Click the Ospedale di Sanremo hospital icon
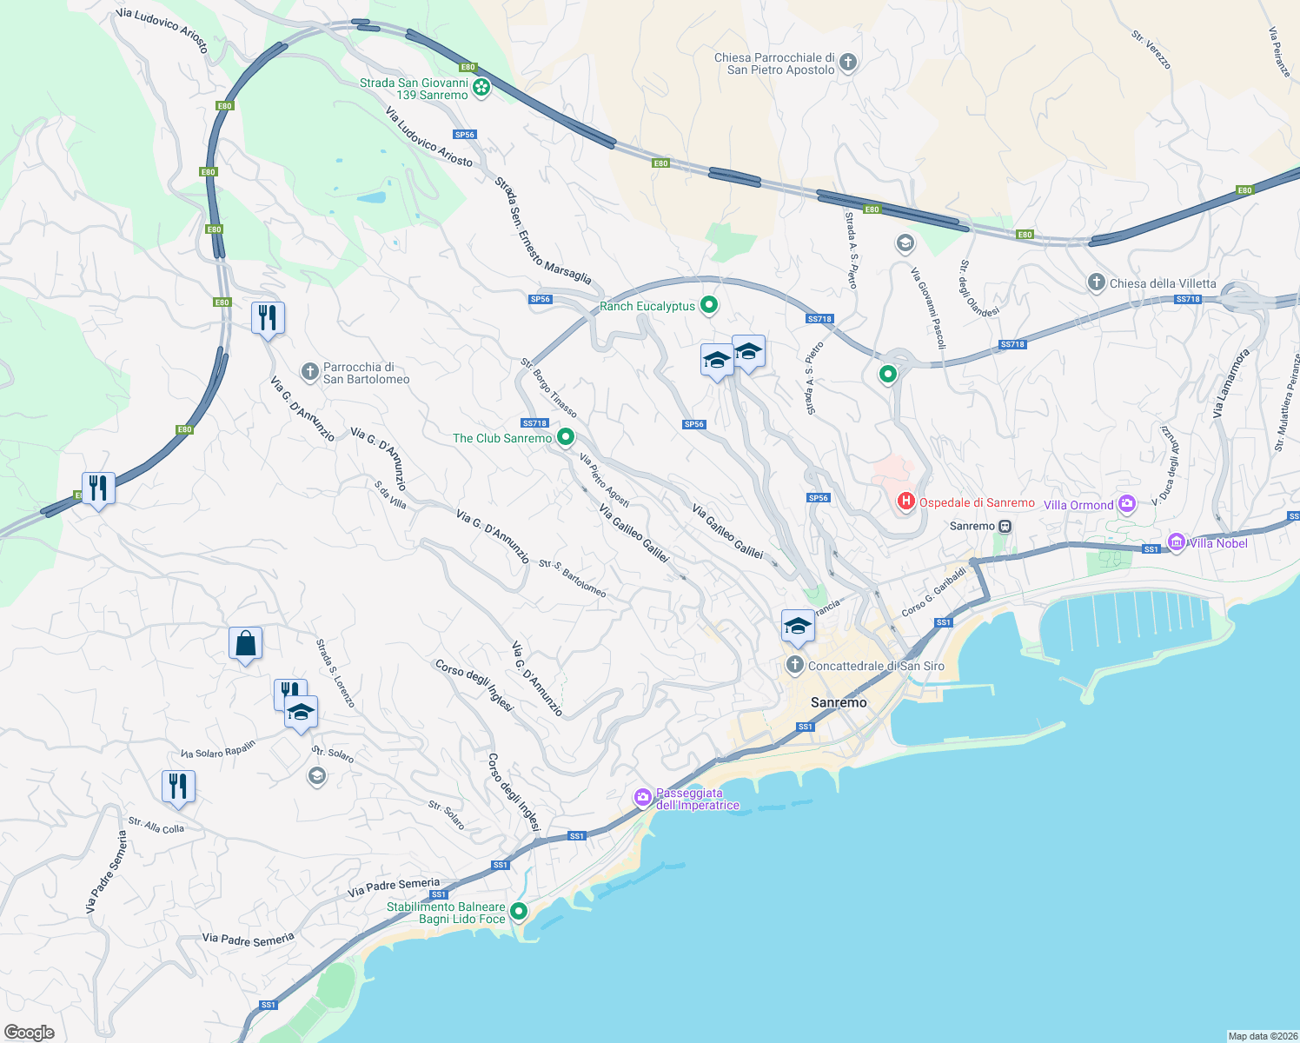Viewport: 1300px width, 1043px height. coord(906,502)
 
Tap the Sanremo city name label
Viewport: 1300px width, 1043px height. coord(839,702)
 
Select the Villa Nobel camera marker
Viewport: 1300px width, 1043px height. coord(1177,542)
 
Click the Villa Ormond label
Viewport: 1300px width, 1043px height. coord(1078,505)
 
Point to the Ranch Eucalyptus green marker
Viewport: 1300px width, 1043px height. coord(709,305)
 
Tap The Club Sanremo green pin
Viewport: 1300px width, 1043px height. coord(566,437)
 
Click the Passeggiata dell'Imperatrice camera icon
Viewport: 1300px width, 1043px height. coord(643,797)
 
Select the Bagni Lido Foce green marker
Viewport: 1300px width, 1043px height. coord(519,912)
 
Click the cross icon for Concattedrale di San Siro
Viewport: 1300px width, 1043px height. coord(794,666)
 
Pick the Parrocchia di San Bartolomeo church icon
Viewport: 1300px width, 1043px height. coord(310,373)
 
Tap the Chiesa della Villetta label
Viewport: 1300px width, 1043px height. coord(1163,283)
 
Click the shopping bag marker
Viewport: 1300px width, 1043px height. coord(245,644)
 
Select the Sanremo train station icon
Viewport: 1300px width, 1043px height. coord(1005,526)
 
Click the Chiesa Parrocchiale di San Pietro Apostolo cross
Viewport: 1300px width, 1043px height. coord(848,63)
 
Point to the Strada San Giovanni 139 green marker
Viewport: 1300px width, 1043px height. coord(481,88)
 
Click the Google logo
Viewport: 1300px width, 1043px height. coord(29,1033)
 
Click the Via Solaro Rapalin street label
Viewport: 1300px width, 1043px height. coord(218,749)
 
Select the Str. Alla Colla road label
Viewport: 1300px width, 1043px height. coord(156,825)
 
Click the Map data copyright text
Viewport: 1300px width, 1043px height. coord(1262,1036)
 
